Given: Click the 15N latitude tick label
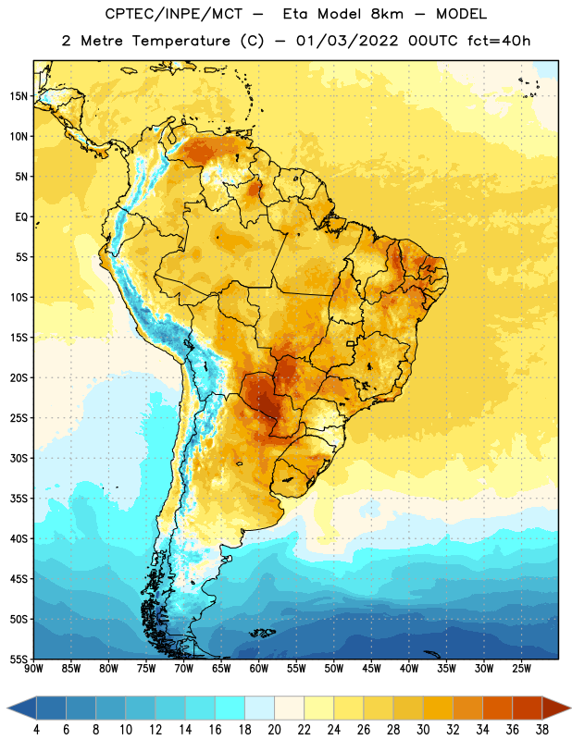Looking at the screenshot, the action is [x=19, y=96].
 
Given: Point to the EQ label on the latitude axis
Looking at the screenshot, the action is [x=21, y=217].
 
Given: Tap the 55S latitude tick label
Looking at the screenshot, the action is [x=19, y=659].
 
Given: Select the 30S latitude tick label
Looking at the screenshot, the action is [x=19, y=458].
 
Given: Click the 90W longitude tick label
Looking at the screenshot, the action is [x=33, y=669].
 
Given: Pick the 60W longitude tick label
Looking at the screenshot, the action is [x=259, y=669].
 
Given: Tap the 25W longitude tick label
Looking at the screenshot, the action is [x=521, y=669].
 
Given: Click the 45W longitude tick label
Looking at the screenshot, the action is [x=371, y=669].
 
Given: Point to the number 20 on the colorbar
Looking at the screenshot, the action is [x=274, y=730].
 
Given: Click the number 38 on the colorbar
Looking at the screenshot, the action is [x=542, y=730].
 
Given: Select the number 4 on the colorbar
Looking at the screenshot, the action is [x=36, y=730].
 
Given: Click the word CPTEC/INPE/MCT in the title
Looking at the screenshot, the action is [x=173, y=14].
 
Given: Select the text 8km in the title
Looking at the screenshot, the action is [x=387, y=14].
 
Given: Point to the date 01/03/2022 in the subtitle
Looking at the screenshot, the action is [x=347, y=41].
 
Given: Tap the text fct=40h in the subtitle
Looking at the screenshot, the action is [x=499, y=41].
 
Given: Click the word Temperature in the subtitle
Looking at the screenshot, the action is [x=180, y=41].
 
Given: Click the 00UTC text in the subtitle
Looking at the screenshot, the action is [x=433, y=41].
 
